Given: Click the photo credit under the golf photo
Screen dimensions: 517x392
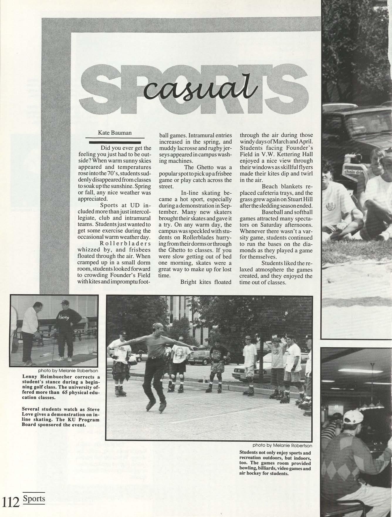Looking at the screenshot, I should tap(68, 370).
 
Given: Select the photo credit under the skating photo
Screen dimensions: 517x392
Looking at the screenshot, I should tap(282, 445).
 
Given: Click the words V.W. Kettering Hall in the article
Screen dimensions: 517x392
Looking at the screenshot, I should tap(276, 154).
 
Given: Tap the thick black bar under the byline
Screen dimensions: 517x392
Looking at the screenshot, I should tap(115, 143).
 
